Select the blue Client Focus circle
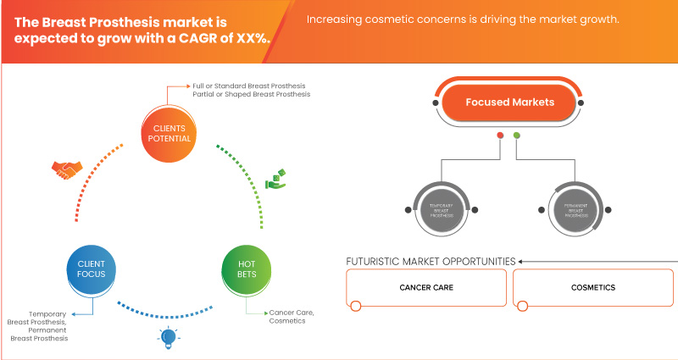(92, 269)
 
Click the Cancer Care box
(425, 287)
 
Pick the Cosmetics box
(592, 287)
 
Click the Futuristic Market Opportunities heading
(431, 261)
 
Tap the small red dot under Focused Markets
(501, 135)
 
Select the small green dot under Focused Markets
(517, 135)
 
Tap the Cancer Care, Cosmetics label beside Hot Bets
(292, 317)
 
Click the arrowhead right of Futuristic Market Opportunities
(521, 261)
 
